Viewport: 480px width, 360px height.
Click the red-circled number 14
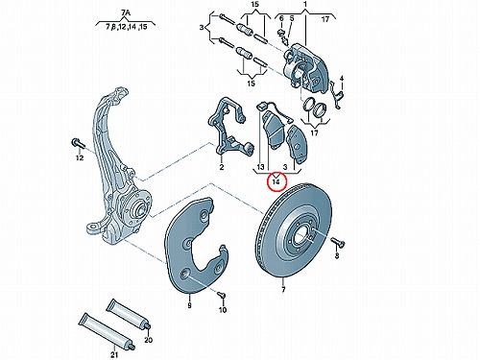pos(276,182)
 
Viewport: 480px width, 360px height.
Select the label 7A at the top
pos(126,12)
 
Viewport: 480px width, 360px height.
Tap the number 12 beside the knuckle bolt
pos(80,157)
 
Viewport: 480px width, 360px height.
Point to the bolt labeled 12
pos(78,143)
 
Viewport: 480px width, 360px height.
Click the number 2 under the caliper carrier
pos(222,167)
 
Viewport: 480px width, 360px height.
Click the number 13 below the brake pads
pos(260,167)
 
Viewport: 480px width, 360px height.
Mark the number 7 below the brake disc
pos(283,290)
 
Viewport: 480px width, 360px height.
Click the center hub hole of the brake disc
pos(301,237)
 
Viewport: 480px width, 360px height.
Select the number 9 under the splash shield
pos(189,305)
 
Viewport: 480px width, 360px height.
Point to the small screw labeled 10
pos(222,295)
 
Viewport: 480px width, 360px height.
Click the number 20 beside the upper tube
pos(148,340)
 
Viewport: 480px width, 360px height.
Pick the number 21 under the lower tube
pos(114,354)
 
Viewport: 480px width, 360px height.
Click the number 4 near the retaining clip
pos(342,79)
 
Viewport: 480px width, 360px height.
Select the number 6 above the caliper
pos(281,18)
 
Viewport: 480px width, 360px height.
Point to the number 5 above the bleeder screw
pos(292,18)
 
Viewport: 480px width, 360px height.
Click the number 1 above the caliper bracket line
pos(305,5)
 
